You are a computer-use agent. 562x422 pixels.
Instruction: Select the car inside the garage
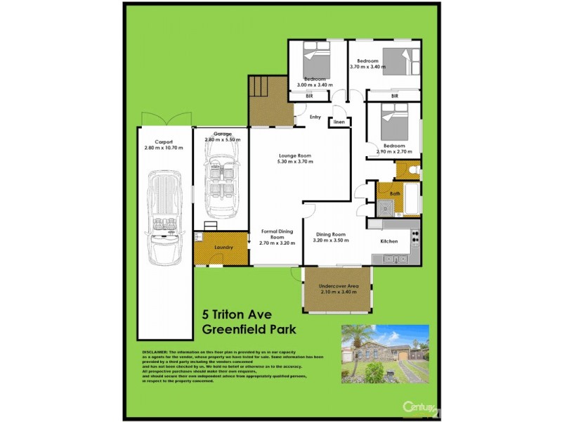tap(221, 185)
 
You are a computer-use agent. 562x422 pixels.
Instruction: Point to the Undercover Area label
tap(339, 286)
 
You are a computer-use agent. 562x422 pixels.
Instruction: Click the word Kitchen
tap(389, 241)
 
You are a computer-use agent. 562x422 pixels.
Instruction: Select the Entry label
tap(315, 117)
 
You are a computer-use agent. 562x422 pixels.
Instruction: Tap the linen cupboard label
tap(339, 122)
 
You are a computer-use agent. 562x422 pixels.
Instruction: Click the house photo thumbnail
tap(384, 354)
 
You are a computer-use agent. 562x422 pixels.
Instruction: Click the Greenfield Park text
tap(249, 329)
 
